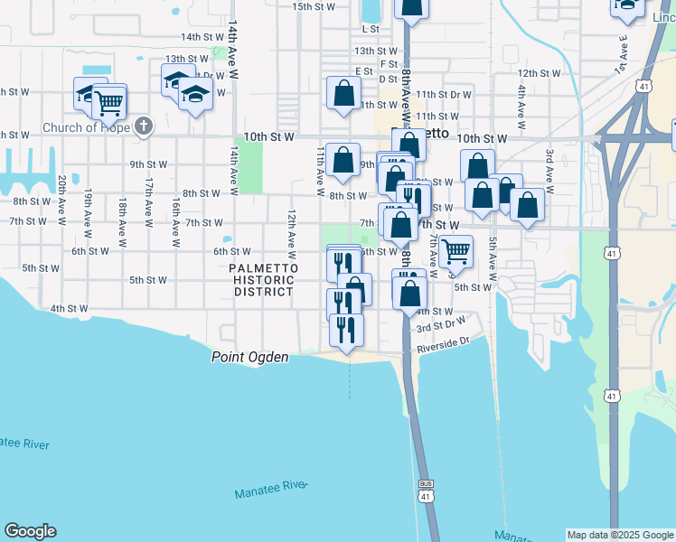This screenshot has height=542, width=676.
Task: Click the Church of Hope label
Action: click(x=86, y=127)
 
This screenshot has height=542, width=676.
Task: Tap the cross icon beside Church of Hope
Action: click(x=143, y=126)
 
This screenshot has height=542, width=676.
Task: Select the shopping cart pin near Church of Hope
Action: click(x=109, y=103)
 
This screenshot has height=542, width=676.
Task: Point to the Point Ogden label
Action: click(x=249, y=358)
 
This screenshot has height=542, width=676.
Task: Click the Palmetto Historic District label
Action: click(x=261, y=280)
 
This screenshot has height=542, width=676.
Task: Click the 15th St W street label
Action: click(x=314, y=6)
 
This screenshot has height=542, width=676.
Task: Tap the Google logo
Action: click(x=30, y=531)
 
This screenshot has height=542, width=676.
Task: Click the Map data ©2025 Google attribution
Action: click(x=619, y=535)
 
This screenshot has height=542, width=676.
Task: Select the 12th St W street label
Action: click(x=540, y=73)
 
